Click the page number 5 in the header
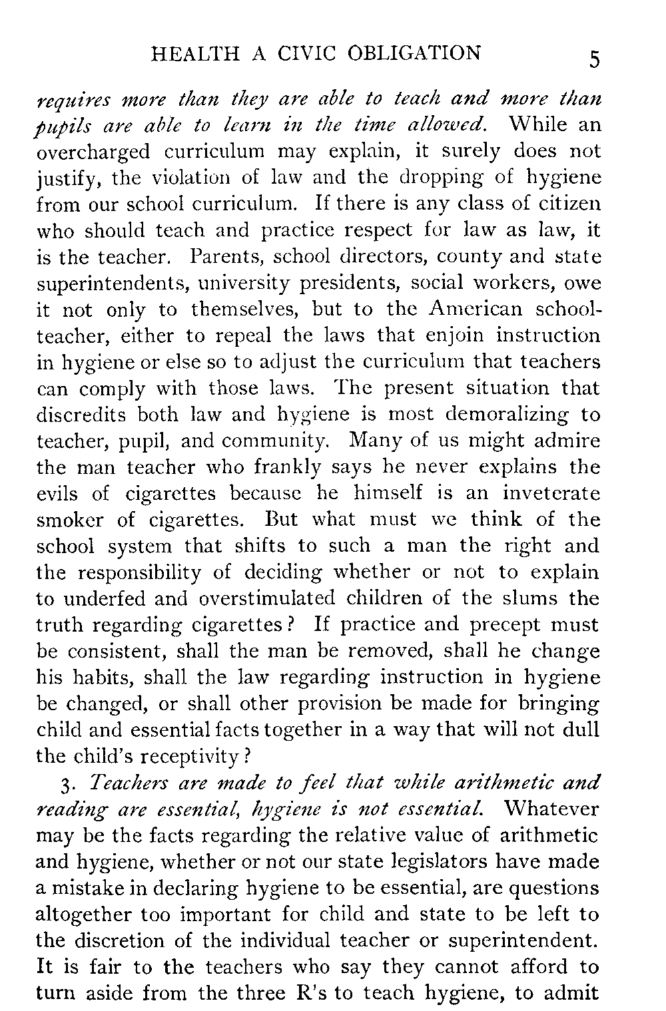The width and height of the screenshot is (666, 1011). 594,60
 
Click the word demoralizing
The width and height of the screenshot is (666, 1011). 508,415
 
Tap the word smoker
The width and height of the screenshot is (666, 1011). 70,519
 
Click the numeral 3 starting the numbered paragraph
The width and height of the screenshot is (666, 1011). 61,783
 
